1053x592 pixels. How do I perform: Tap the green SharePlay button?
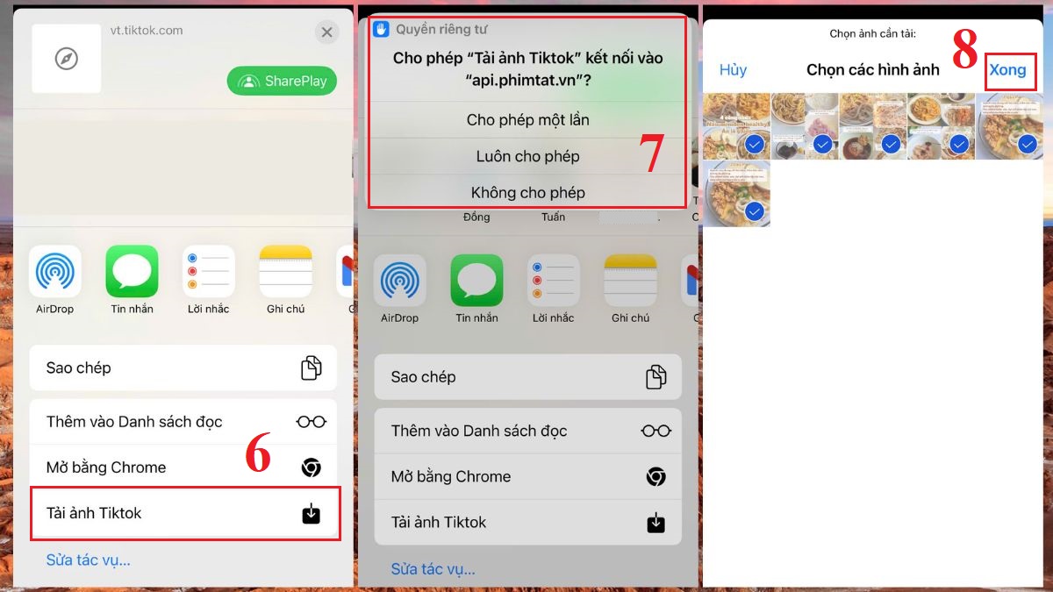pyautogui.click(x=282, y=81)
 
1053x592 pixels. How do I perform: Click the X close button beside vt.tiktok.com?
pyautogui.click(x=326, y=32)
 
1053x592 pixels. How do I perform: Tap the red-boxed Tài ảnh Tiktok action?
pyautogui.click(x=184, y=513)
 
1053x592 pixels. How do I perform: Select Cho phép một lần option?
pyautogui.click(x=527, y=120)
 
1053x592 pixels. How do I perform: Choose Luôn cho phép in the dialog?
pyautogui.click(x=527, y=156)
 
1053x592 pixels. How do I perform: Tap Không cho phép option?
pyautogui.click(x=527, y=192)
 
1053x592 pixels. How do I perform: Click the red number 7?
pyautogui.click(x=651, y=153)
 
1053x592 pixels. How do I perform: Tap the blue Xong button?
pyautogui.click(x=1007, y=70)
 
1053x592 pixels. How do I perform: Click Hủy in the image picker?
pyautogui.click(x=733, y=70)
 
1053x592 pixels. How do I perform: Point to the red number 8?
pyautogui.click(x=964, y=51)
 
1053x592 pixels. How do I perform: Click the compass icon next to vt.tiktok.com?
pyautogui.click(x=67, y=59)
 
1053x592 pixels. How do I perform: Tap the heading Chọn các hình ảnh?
pyautogui.click(x=872, y=70)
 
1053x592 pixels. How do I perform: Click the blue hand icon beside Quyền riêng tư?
pyautogui.click(x=381, y=29)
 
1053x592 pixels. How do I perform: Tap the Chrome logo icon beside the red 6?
pyautogui.click(x=311, y=467)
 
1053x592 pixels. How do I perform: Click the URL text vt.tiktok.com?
pyautogui.click(x=147, y=30)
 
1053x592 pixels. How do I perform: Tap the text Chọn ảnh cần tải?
pyautogui.click(x=872, y=34)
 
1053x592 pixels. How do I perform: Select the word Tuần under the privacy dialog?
pyautogui.click(x=553, y=217)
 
